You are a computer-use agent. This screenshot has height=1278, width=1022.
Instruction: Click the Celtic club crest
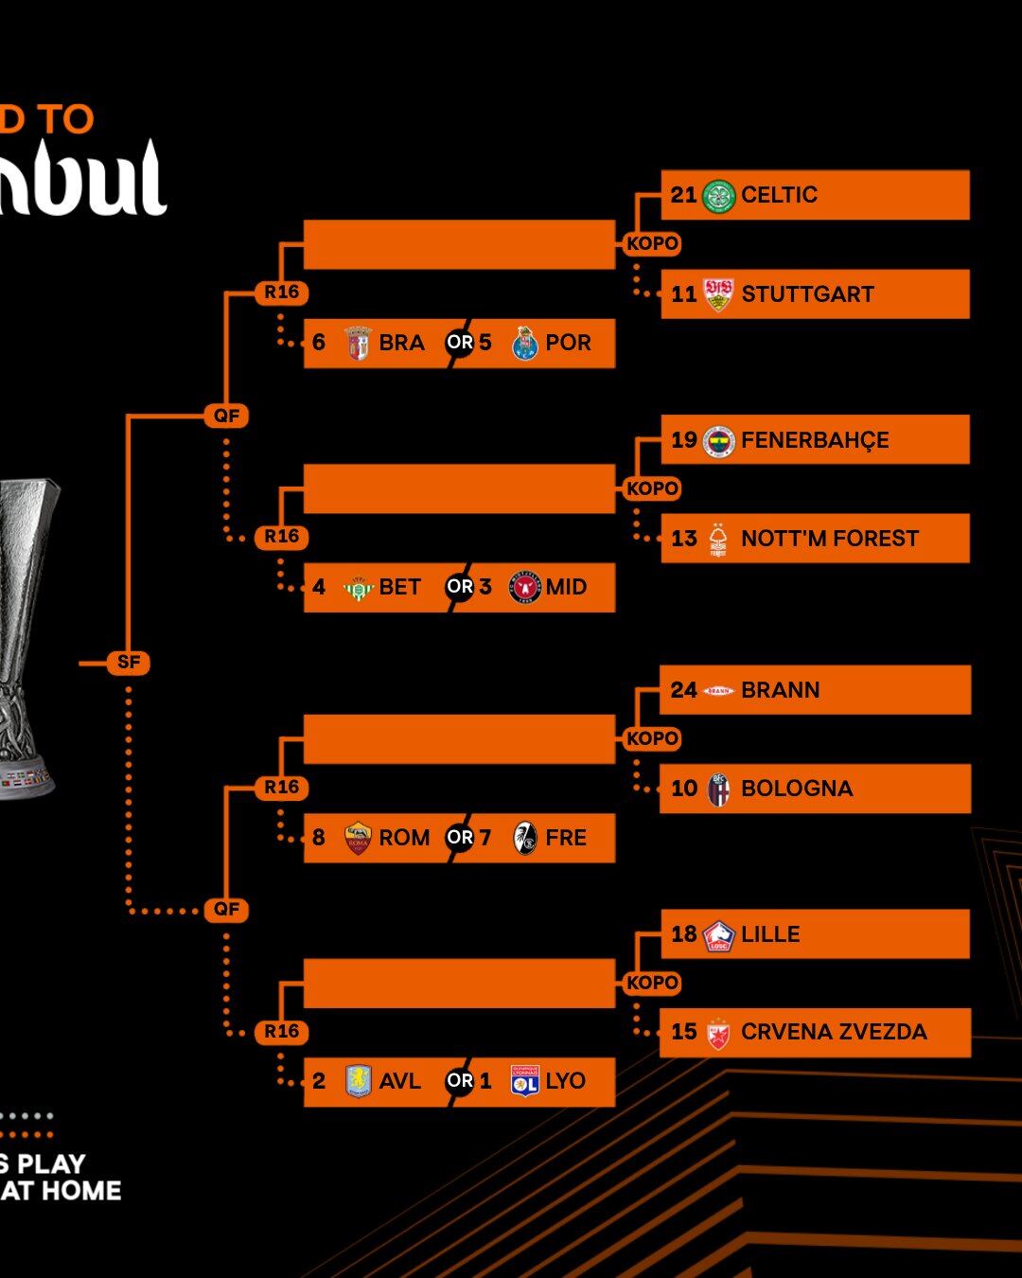[x=719, y=196]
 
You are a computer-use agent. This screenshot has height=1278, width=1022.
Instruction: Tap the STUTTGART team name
[x=807, y=294]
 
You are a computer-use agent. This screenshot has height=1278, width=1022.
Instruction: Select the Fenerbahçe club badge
[x=719, y=441]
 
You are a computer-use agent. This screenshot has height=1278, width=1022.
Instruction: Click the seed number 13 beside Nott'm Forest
[x=683, y=539]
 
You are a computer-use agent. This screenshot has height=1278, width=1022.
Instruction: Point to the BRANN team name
[x=780, y=690]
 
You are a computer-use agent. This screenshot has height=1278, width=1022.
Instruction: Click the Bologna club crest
[x=719, y=790]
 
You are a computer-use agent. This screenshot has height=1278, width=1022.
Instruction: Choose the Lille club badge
[x=719, y=935]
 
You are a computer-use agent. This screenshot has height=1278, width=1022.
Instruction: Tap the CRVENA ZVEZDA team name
[x=834, y=1032]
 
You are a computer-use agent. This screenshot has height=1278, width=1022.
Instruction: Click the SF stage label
[x=129, y=663]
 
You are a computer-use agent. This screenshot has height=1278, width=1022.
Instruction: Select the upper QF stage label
[x=227, y=416]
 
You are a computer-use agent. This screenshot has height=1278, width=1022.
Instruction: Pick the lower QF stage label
[x=227, y=910]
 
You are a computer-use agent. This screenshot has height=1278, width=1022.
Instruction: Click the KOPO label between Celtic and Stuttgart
[x=652, y=243]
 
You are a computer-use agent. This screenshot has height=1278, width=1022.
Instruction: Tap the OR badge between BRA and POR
[x=460, y=343]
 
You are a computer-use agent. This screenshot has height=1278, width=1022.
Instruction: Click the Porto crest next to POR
[x=524, y=344]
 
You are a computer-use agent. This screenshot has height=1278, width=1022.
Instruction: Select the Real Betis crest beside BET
[x=359, y=588]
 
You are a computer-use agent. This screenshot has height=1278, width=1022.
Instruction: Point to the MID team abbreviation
[x=566, y=588]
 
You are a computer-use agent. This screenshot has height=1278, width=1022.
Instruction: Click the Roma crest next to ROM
[x=358, y=838]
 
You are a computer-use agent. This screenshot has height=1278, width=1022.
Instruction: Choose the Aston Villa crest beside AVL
[x=359, y=1081]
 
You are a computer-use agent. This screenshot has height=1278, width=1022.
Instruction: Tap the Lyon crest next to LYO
[x=524, y=1081]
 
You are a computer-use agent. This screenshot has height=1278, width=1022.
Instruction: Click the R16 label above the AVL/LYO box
[x=282, y=1032]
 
